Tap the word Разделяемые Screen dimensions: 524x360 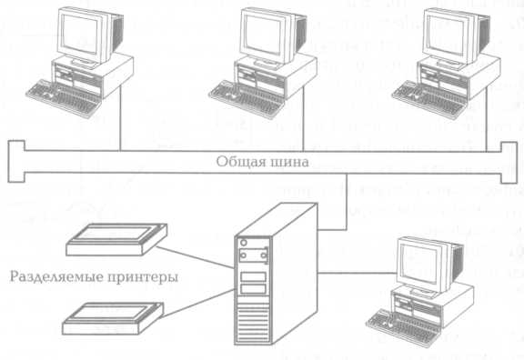point(55,277)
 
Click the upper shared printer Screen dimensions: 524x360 point(116,239)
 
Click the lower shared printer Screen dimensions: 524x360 point(113,318)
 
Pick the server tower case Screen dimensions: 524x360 point(276,274)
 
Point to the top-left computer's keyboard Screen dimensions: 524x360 point(64,98)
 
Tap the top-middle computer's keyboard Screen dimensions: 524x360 point(247,98)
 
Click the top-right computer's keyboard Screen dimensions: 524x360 point(429,98)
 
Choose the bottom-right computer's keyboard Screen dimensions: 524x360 point(404,327)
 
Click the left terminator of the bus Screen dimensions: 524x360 point(16,162)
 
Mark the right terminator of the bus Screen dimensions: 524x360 point(509,163)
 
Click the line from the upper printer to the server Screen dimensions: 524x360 point(196,257)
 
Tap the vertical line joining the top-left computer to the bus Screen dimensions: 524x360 point(120,117)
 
